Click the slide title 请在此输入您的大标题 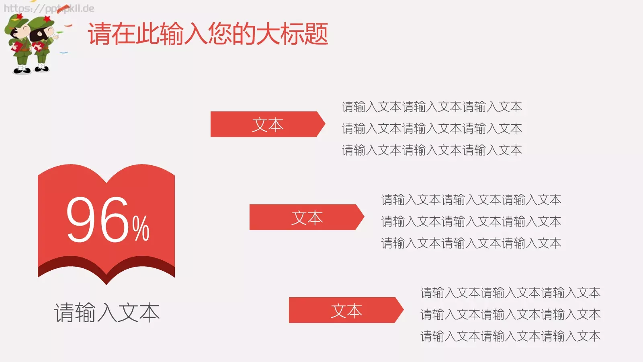tap(208, 34)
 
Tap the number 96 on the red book tap(97, 220)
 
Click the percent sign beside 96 tap(141, 228)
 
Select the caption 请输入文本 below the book tap(107, 313)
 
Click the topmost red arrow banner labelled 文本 tap(267, 125)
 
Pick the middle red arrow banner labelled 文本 tap(306, 218)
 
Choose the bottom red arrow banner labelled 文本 tap(346, 311)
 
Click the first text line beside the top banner tap(432, 107)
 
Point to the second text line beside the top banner tap(432, 129)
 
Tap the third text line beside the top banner tap(432, 150)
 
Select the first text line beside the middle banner tap(471, 200)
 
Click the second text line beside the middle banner tap(471, 222)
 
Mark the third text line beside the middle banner tap(471, 243)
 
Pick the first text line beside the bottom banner tap(510, 293)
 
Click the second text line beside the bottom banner tap(510, 315)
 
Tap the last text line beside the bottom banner tap(510, 336)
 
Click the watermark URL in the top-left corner tap(49, 8)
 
